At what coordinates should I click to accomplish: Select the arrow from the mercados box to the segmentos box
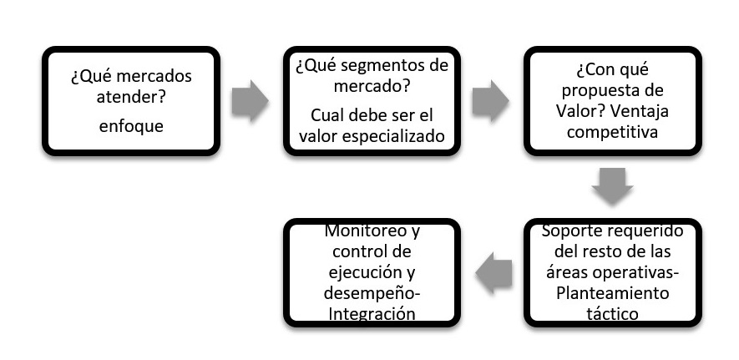[250, 102]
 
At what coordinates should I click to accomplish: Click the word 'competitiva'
[612, 132]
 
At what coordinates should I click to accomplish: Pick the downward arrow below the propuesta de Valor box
[612, 185]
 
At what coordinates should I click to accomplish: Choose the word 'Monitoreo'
[362, 230]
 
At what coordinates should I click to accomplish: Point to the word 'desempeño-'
[372, 292]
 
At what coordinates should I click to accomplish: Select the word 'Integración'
[372, 313]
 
